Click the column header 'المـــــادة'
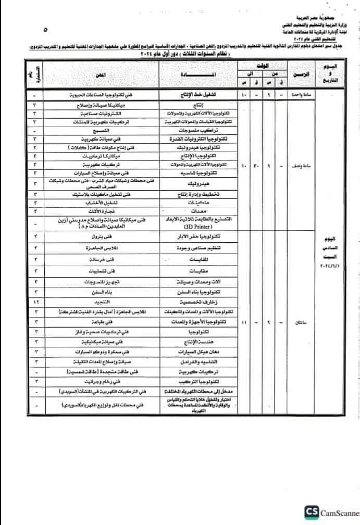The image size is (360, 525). pyautogui.click(x=201, y=76)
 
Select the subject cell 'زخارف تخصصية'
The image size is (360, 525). pyautogui.click(x=201, y=302)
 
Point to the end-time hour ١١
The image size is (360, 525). pyautogui.click(x=244, y=323)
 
